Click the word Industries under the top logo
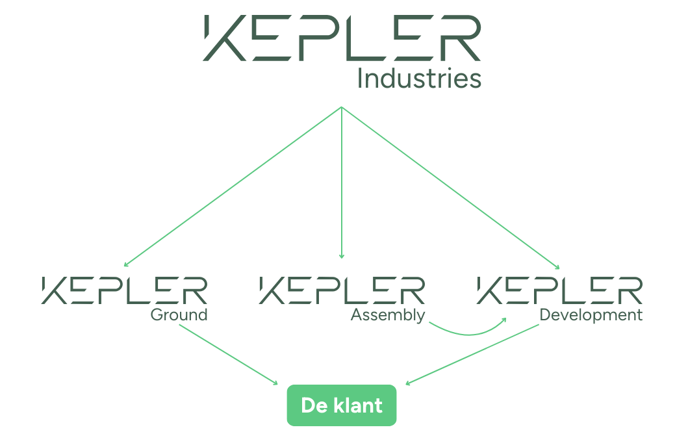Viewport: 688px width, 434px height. [x=419, y=79]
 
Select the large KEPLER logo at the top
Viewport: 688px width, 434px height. [x=342, y=38]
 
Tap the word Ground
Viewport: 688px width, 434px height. [x=179, y=316]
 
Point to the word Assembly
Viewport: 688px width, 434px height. [x=388, y=316]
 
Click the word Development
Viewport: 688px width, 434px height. [x=591, y=316]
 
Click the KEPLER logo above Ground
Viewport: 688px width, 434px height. [x=124, y=290]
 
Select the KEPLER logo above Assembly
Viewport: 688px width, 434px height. [x=342, y=290]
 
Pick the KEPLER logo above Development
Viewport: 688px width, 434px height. [x=559, y=290]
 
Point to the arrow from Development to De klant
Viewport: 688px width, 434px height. [x=474, y=355]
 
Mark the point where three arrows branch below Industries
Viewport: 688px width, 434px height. [x=342, y=107]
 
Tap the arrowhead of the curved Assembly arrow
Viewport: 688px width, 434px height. [x=504, y=320]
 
